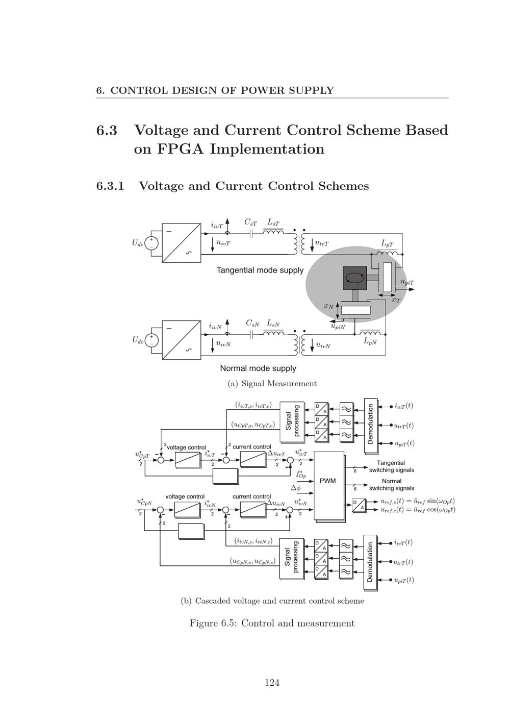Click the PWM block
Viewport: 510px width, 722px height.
pyautogui.click(x=328, y=481)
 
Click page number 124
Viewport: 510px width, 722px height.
pyautogui.click(x=272, y=683)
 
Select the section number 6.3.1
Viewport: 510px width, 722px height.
pyautogui.click(x=110, y=186)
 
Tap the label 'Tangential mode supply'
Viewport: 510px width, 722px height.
pyautogui.click(x=260, y=270)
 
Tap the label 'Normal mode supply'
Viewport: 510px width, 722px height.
pyautogui.click(x=258, y=368)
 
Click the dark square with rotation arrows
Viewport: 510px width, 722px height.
pyautogui.click(x=354, y=278)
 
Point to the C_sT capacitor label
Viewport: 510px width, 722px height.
pyautogui.click(x=250, y=222)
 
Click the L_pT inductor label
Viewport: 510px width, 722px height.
pyautogui.click(x=388, y=243)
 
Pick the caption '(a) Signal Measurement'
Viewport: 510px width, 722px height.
pyautogui.click(x=272, y=384)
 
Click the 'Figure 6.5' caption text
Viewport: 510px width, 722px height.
pyautogui.click(x=272, y=623)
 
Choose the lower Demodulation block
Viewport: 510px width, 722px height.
pyautogui.click(x=370, y=562)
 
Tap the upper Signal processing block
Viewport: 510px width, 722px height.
pyautogui.click(x=292, y=421)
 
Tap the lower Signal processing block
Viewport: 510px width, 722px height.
pyautogui.click(x=291, y=560)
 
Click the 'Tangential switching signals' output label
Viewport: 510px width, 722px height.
pyautogui.click(x=391, y=466)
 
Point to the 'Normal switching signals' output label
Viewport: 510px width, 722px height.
pyautogui.click(x=391, y=485)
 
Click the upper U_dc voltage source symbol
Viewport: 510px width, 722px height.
pyautogui.click(x=151, y=243)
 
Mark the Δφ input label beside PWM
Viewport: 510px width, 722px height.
pyautogui.click(x=296, y=488)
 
